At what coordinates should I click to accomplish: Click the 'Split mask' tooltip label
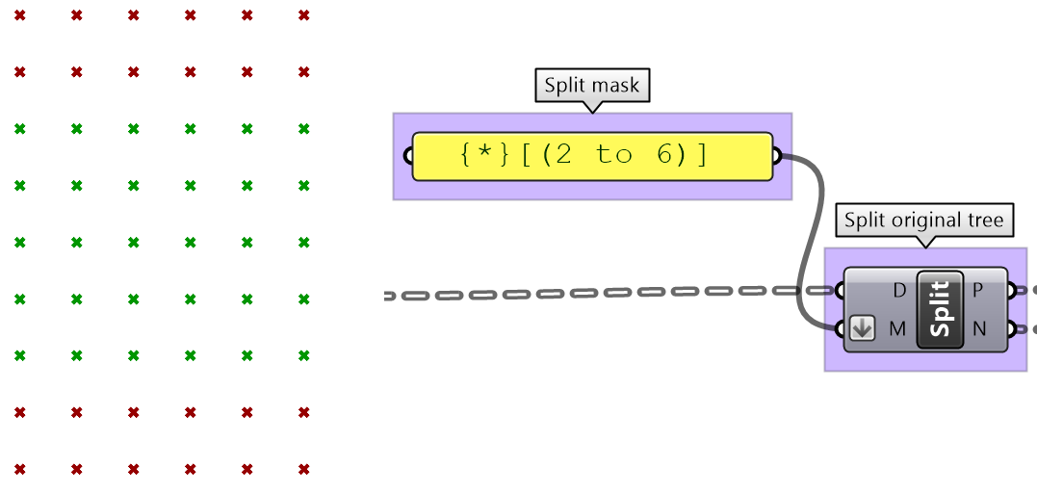(591, 86)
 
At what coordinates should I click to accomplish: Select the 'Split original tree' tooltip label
(923, 221)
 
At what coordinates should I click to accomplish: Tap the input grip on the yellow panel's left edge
(409, 157)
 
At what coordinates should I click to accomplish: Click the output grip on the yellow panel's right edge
(776, 157)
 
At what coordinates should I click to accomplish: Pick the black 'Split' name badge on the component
(941, 309)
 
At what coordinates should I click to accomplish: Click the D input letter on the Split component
(899, 290)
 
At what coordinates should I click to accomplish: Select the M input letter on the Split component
(897, 329)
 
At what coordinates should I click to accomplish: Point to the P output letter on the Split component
(977, 290)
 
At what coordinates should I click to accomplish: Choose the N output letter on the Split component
(978, 329)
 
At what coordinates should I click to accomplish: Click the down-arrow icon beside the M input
(863, 329)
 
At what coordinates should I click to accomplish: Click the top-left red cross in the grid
(20, 15)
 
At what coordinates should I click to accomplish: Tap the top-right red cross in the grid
(304, 15)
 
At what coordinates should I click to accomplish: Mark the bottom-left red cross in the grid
(20, 469)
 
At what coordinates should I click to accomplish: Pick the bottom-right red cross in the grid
(304, 469)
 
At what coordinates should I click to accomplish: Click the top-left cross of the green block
(20, 128)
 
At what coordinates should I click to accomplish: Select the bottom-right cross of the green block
(304, 356)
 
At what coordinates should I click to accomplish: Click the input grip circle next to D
(841, 290)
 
